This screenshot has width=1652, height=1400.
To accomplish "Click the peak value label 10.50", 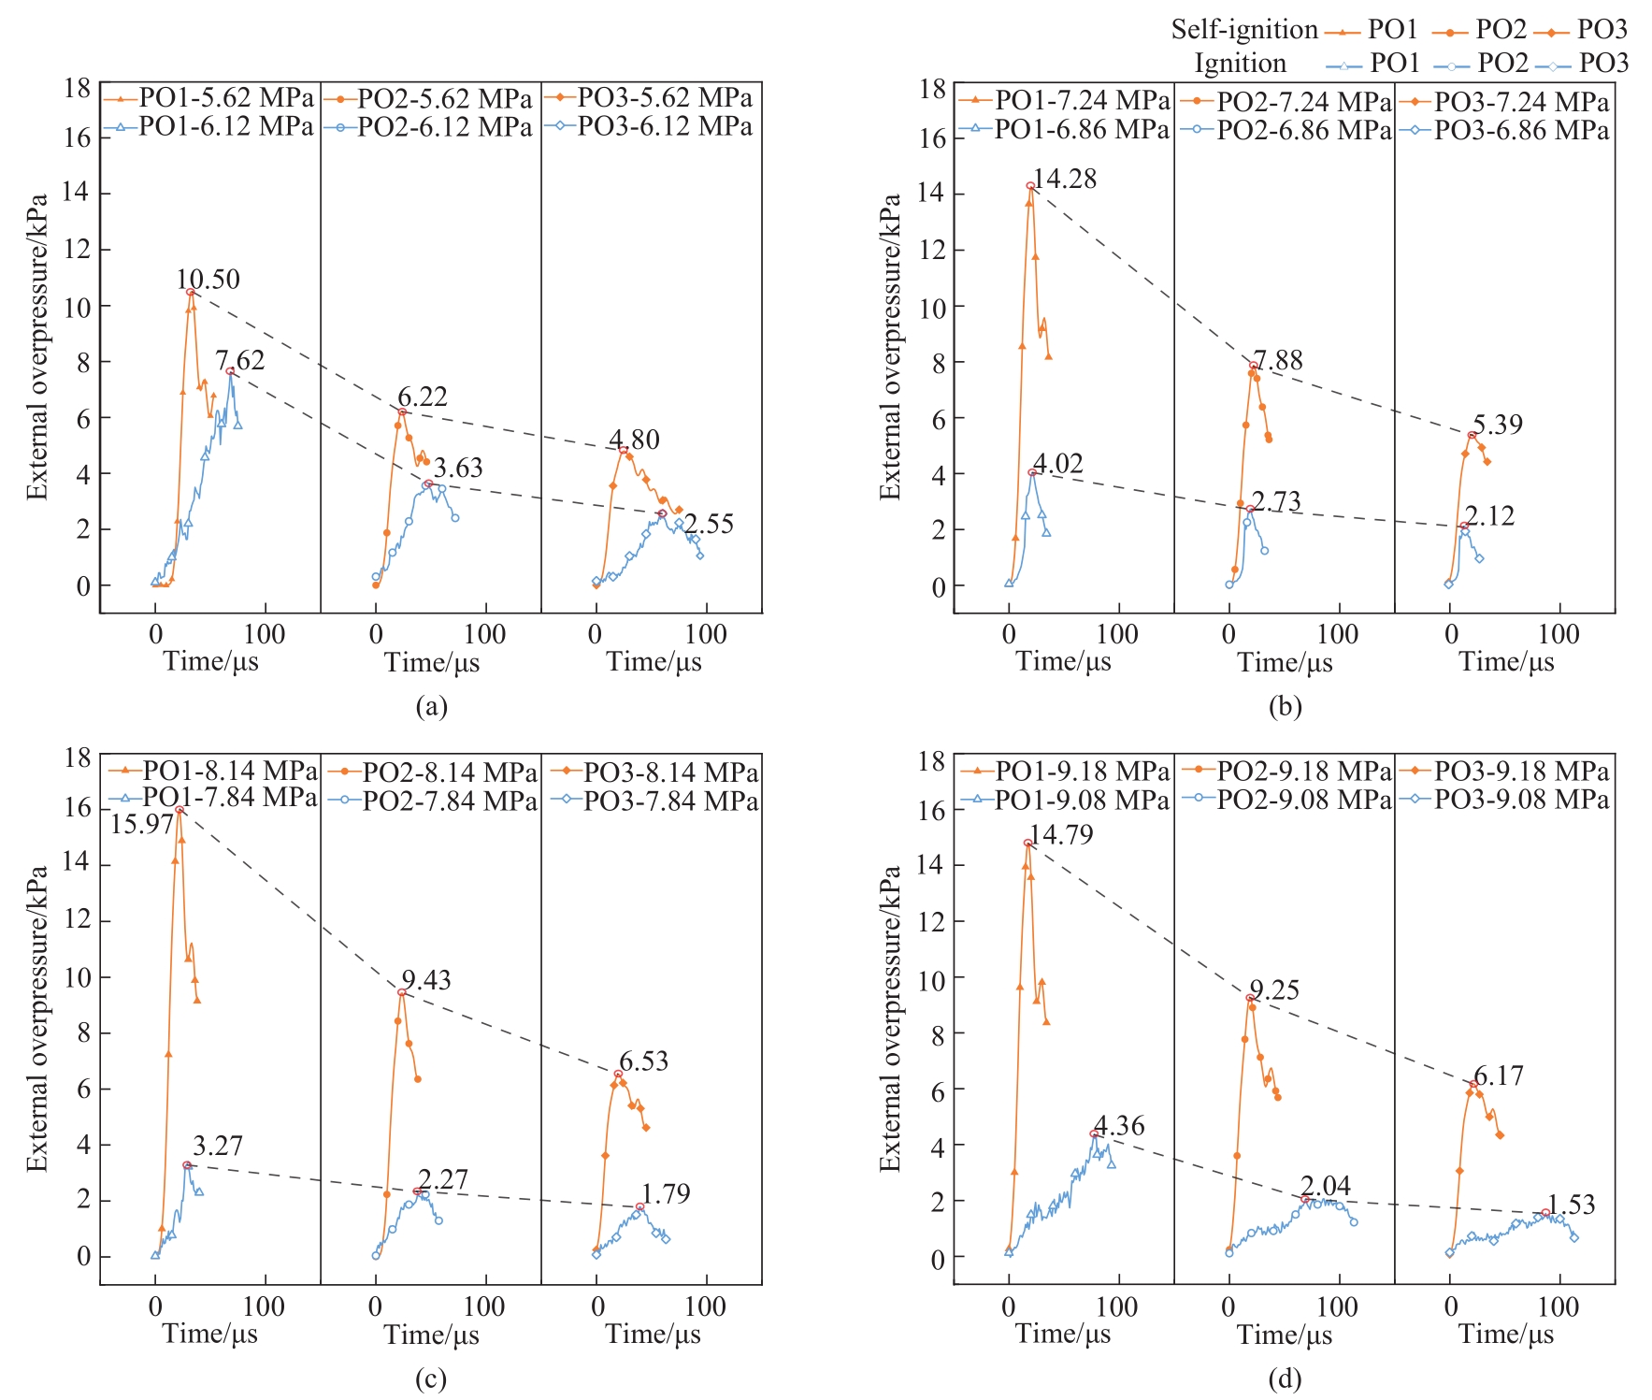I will click(208, 280).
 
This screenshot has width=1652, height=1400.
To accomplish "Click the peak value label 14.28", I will click(1065, 179).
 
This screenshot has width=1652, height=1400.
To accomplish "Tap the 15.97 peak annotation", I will click(142, 824).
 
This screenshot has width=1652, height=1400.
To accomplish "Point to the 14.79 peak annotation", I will click(1061, 834).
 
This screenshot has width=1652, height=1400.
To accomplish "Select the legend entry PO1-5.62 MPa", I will click(225, 98).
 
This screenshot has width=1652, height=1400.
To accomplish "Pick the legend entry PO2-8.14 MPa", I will click(450, 772).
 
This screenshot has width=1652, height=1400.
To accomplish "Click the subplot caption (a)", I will click(431, 706).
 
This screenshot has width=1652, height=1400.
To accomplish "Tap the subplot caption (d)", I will click(1285, 1378).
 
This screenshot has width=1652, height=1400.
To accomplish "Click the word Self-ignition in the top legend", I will click(1244, 30).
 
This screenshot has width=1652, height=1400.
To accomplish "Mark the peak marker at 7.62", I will click(230, 371).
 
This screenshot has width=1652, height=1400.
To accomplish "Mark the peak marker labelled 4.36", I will click(1094, 1133).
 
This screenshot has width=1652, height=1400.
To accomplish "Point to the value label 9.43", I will click(426, 980).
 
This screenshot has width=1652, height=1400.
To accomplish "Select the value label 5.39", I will click(1498, 425).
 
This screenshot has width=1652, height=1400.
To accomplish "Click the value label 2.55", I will click(709, 524).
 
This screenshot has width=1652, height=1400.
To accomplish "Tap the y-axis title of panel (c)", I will click(36, 1018).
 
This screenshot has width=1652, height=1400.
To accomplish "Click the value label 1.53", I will click(1571, 1205).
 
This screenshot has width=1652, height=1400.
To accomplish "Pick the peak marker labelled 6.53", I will click(618, 1074).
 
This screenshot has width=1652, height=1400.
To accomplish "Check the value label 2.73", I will click(1276, 501).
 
